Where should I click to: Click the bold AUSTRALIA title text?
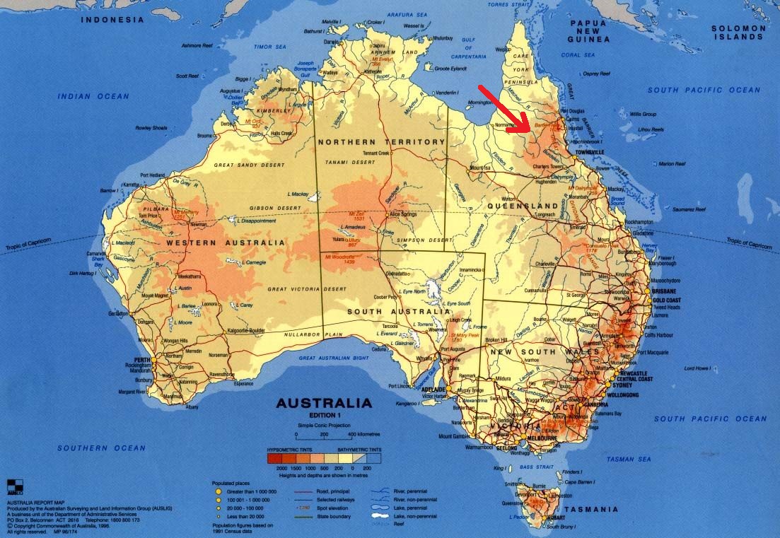coord(323,404)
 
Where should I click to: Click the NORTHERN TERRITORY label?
coord(382,142)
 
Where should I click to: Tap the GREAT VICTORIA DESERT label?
coord(307,289)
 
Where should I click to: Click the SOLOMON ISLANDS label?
coord(738,33)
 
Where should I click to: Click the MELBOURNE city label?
coord(543,439)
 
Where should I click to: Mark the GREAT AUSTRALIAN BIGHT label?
coord(334,358)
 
